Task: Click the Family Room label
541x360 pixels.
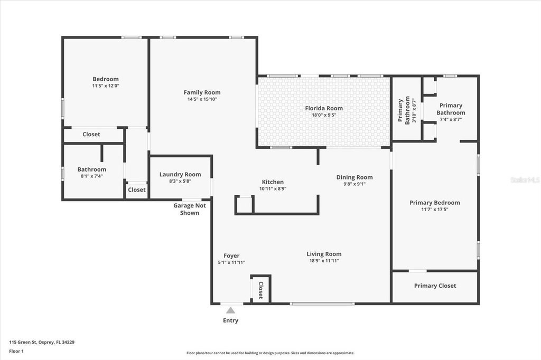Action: click(202, 92)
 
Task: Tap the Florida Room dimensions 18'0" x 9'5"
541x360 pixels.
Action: click(324, 115)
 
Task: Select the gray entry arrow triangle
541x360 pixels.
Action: click(230, 310)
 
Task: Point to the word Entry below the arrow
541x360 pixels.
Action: click(230, 320)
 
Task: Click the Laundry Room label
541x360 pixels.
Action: click(180, 175)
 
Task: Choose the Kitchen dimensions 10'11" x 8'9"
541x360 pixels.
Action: click(273, 188)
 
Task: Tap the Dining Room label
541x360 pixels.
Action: click(355, 177)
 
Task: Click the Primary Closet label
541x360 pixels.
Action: click(435, 286)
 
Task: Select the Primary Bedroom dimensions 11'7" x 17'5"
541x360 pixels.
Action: click(435, 210)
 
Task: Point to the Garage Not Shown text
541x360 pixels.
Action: click(190, 209)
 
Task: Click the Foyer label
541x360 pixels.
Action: click(231, 255)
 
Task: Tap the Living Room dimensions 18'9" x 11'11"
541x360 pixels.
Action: click(324, 261)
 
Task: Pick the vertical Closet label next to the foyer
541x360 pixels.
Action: click(261, 290)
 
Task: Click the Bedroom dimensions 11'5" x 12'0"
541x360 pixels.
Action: click(106, 86)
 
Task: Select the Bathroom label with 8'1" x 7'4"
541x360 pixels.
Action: click(92, 169)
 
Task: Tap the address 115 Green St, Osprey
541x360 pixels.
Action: click(42, 342)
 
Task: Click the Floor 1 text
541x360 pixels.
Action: click(16, 351)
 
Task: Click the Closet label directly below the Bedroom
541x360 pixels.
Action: click(91, 134)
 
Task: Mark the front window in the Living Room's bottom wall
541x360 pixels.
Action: click(322, 304)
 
